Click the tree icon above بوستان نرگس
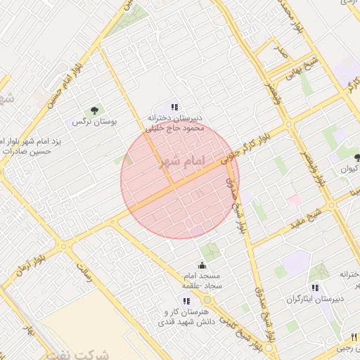[x=94, y=110]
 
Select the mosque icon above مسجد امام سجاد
[x=202, y=265]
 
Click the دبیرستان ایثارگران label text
[x=314, y=299]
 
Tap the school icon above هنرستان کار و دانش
[x=186, y=300]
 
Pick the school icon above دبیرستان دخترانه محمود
[x=174, y=106]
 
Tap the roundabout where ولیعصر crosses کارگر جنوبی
[x=289, y=125]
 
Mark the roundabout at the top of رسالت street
[x=65, y=246]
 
